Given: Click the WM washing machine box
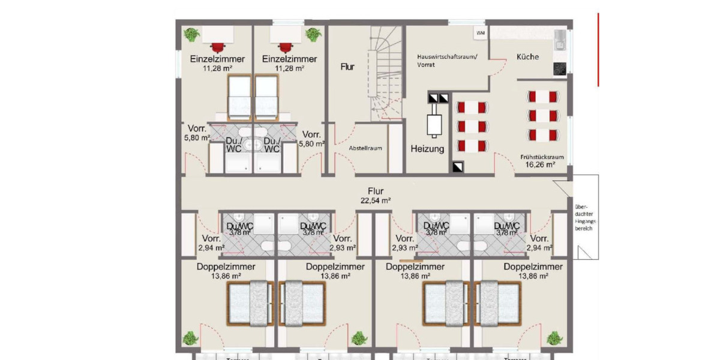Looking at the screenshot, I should [x=481, y=33].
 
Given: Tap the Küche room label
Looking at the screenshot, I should [x=527, y=57].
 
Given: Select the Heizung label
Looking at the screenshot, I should [x=427, y=149].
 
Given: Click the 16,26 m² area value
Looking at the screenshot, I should [x=537, y=164].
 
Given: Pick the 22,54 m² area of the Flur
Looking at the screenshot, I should [x=376, y=201].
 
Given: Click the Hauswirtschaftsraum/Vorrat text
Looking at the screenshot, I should [x=447, y=60].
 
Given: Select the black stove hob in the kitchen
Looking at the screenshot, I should [x=559, y=68].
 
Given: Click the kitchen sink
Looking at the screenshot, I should [x=559, y=40].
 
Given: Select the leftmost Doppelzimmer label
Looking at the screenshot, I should [x=226, y=266].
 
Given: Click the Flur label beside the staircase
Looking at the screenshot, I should [x=347, y=67].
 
